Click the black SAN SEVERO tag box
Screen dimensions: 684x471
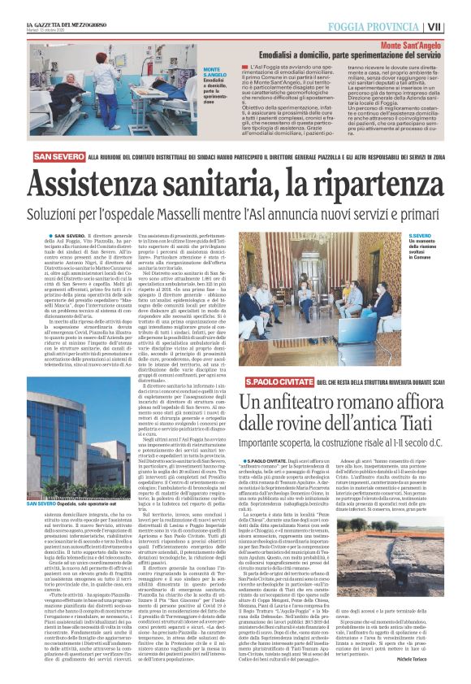(x=58, y=159)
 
